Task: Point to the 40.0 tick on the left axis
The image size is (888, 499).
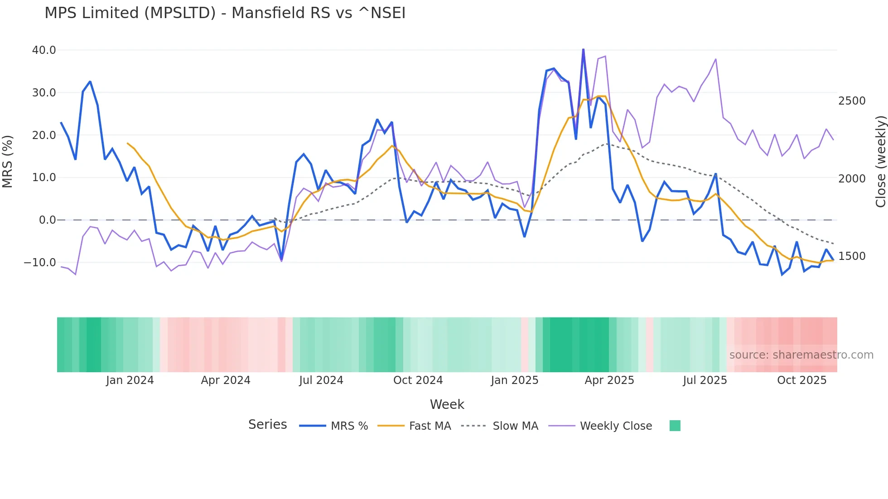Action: (x=44, y=50)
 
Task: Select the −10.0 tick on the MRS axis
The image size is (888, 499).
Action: (x=40, y=263)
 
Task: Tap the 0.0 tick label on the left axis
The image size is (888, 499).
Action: (x=47, y=220)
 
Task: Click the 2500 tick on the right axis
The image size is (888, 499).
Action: (x=852, y=101)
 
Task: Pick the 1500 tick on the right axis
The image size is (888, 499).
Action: (x=852, y=256)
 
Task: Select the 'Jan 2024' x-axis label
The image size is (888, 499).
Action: (x=130, y=380)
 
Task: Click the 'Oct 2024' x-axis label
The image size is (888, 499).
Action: (x=418, y=380)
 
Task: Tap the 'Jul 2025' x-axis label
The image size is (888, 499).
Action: (x=705, y=380)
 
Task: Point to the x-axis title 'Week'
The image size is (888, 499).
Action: (x=447, y=404)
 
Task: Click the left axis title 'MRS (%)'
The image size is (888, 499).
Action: (x=8, y=161)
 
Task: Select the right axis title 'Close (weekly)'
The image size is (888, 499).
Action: (x=880, y=162)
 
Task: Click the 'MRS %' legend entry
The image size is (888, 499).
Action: (x=349, y=426)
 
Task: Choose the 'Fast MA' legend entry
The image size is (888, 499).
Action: (x=430, y=426)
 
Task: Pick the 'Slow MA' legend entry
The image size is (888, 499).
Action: (x=515, y=426)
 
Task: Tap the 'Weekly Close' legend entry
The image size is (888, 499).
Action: (x=616, y=426)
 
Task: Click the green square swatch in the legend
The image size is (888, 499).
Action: (x=675, y=426)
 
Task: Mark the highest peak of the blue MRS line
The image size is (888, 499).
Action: (x=583, y=49)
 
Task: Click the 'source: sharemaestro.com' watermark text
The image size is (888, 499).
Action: (x=801, y=355)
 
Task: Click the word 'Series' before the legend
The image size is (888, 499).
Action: (x=267, y=425)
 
